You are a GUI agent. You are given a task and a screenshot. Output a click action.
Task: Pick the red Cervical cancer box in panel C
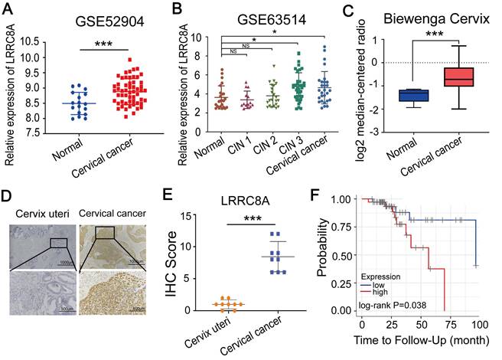pyautogui.click(x=458, y=77)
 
